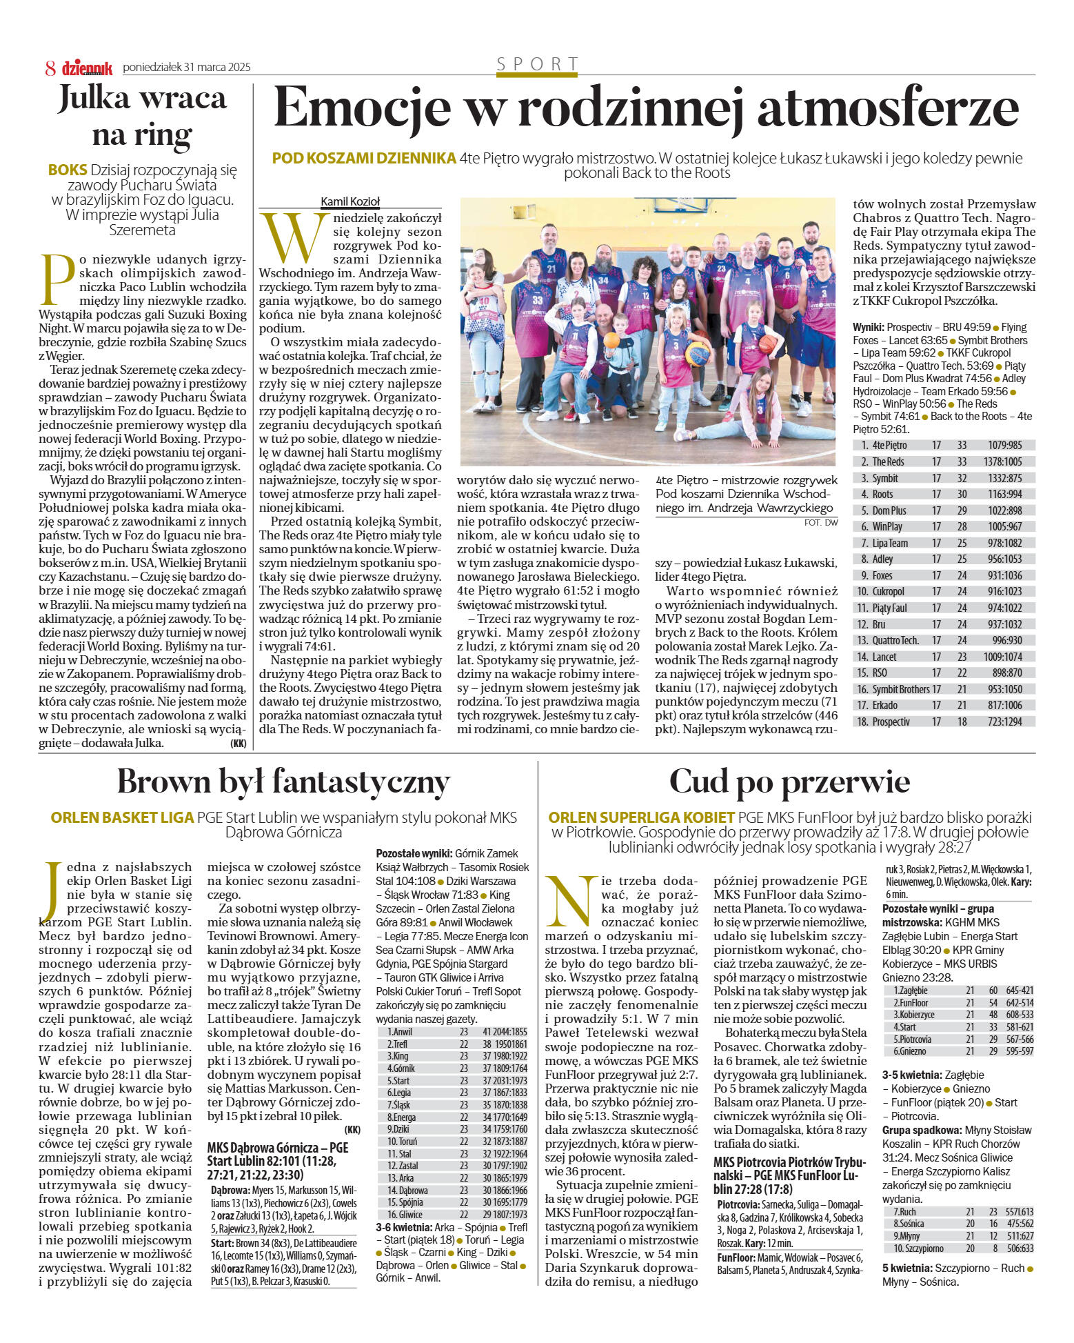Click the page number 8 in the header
(50, 68)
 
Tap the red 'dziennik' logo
(87, 68)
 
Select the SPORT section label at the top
(538, 64)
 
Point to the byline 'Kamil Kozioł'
(350, 201)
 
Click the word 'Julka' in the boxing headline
(94, 98)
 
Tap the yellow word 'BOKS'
(68, 170)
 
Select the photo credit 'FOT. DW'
(820, 523)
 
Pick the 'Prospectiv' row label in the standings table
(891, 722)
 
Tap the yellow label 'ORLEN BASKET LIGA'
(122, 818)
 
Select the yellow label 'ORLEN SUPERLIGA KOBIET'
(641, 818)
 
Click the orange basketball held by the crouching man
(611, 340)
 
